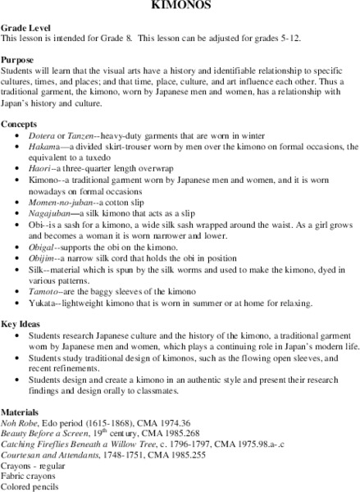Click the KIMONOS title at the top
pos(180,4)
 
